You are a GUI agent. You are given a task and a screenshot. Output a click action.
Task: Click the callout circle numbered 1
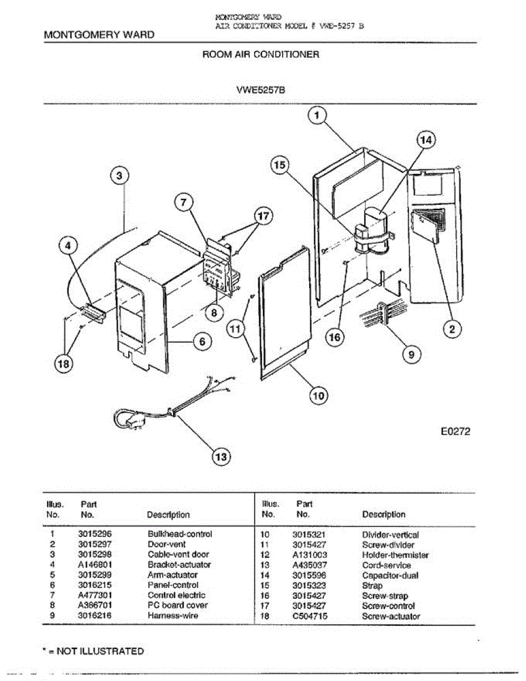pyautogui.click(x=317, y=116)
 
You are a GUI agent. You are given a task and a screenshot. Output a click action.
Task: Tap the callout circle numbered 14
pyautogui.click(x=427, y=139)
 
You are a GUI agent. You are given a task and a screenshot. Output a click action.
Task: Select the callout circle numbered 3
pyautogui.click(x=119, y=176)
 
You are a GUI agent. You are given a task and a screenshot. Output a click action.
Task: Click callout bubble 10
pyautogui.click(x=319, y=396)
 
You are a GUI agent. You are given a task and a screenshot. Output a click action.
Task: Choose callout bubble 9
pyautogui.click(x=411, y=355)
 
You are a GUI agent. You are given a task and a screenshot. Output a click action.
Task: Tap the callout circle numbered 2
pyautogui.click(x=452, y=329)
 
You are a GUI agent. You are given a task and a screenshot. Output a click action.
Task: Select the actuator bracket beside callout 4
pyautogui.click(x=92, y=313)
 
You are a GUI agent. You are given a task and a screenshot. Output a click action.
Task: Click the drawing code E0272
pyautogui.click(x=456, y=431)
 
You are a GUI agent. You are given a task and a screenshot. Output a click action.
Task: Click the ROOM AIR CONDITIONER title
pyautogui.click(x=260, y=54)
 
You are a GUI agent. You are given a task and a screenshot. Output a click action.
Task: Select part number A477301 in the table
pyautogui.click(x=94, y=595)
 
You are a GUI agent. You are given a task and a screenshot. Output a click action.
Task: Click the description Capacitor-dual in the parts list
pyautogui.click(x=390, y=575)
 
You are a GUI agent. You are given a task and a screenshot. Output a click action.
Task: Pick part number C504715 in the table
pyautogui.click(x=310, y=616)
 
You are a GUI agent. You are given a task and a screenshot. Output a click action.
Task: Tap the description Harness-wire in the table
pyautogui.click(x=173, y=616)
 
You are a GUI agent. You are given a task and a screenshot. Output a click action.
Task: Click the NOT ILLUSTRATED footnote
pyautogui.click(x=94, y=651)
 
